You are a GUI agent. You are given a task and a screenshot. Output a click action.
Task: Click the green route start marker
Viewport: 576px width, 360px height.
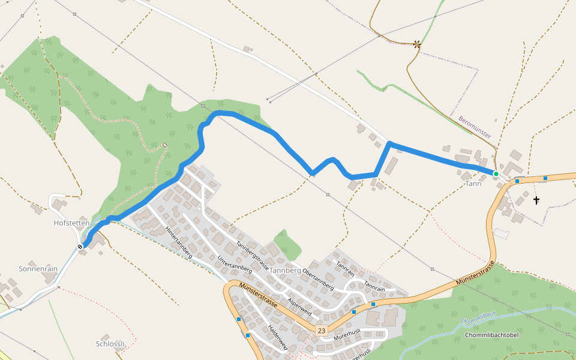tap(496, 174)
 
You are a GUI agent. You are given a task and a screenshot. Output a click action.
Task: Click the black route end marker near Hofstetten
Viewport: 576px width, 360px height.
tap(80, 246)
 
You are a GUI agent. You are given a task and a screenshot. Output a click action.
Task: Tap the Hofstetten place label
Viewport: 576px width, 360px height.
tap(71, 223)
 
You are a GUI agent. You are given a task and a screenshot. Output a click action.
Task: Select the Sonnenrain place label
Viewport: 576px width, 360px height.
tap(38, 269)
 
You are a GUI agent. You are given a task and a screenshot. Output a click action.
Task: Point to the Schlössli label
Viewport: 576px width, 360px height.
tap(110, 344)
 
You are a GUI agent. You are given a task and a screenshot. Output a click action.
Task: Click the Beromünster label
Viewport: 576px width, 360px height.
tap(475, 127)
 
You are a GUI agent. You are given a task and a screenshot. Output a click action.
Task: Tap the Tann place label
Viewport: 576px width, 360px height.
tap(473, 184)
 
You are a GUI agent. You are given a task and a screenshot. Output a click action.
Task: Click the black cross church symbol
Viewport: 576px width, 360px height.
tap(536, 200)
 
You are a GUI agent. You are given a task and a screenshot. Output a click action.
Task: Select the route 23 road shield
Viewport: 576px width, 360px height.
tap(322, 331)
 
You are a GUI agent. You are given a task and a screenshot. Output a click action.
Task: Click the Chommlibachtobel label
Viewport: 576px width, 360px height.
tap(491, 335)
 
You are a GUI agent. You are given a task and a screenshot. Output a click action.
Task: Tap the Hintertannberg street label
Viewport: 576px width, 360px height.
tap(178, 242)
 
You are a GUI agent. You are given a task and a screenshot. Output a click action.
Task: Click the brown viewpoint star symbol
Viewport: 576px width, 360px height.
tap(417, 44)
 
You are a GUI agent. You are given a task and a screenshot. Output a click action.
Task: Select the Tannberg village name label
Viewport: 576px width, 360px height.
tap(285, 270)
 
